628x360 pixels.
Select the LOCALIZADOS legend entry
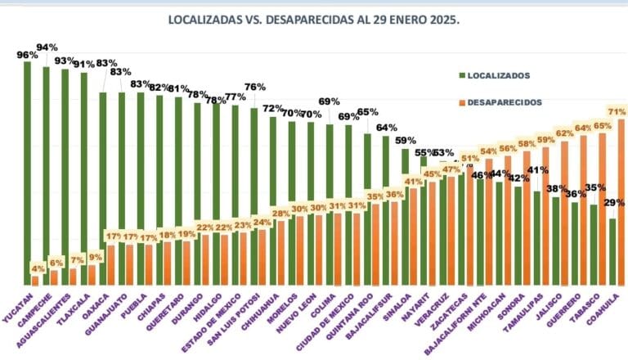[495, 75]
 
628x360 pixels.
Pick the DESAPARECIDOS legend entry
[498, 102]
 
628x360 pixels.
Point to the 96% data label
[27, 55]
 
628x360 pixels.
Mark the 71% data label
[617, 110]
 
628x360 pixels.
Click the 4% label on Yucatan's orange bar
[38, 268]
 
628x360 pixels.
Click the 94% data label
[47, 47]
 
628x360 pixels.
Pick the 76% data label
[254, 88]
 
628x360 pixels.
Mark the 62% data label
[564, 133]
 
